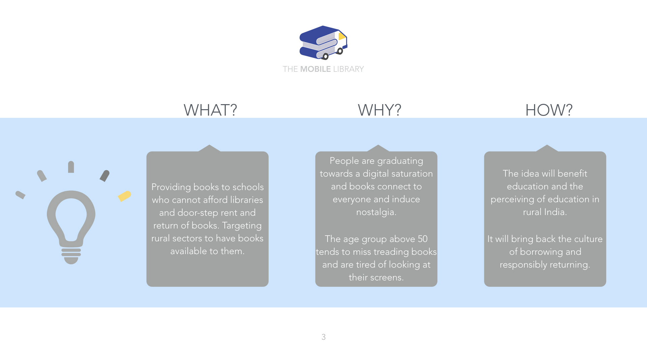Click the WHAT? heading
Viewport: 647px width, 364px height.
[x=210, y=110]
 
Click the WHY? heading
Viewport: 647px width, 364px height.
[x=379, y=110]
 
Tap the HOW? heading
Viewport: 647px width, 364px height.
[x=549, y=110]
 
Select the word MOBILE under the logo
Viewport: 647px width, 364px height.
[x=315, y=69]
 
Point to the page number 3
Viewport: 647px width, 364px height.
[x=323, y=337]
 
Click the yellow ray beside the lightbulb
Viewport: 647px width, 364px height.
[x=124, y=196]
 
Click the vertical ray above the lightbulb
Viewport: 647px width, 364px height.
[x=71, y=167]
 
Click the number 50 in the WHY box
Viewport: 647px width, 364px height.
[x=423, y=239]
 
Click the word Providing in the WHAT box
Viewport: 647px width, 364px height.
[x=171, y=187]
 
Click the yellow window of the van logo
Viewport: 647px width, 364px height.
[x=342, y=36]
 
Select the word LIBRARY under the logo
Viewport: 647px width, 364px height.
[x=348, y=69]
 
